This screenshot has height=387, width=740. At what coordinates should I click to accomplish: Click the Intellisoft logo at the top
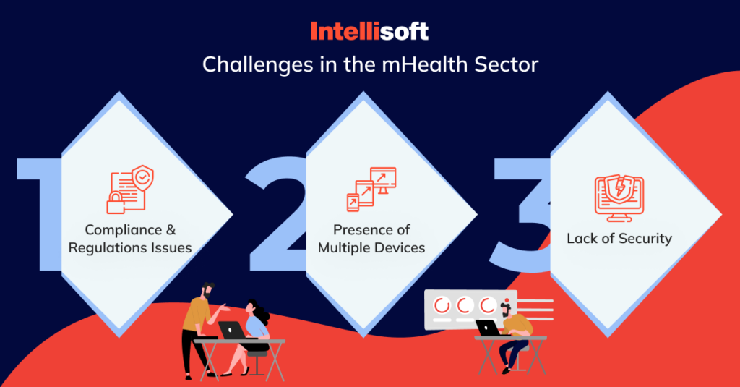pos(369,30)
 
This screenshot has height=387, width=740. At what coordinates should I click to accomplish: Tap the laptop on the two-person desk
pos(232,330)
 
